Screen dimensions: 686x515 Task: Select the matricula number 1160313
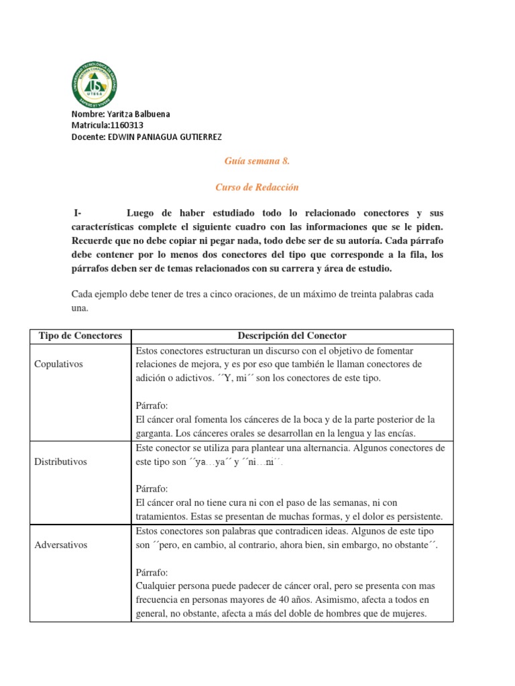click(125, 125)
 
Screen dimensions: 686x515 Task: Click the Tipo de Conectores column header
click(80, 336)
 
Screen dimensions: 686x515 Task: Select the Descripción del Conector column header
click(292, 336)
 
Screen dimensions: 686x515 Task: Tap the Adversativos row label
click(61, 545)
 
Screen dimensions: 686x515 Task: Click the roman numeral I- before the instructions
click(78, 213)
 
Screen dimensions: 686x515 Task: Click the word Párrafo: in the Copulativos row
click(152, 406)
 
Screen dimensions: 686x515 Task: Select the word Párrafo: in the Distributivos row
click(152, 488)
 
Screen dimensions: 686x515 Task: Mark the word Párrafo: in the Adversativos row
click(152, 572)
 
